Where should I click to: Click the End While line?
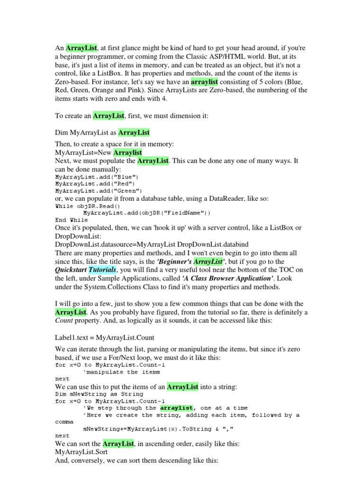pos(72,220)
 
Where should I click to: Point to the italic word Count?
pos(64,321)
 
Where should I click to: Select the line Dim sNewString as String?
pos(99,394)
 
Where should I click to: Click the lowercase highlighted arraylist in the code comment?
pos(176,408)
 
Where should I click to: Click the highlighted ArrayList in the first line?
pos(82,48)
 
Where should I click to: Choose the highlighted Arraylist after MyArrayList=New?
pos(127,153)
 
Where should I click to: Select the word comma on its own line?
pos(64,422)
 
